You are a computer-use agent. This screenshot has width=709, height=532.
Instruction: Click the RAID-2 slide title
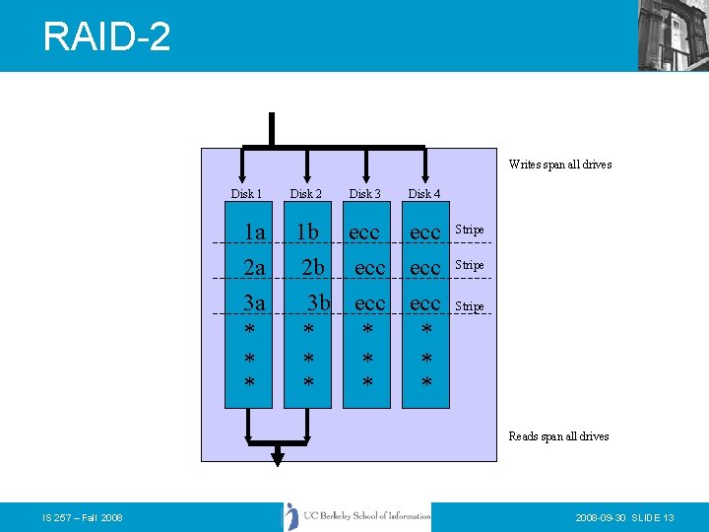(x=106, y=37)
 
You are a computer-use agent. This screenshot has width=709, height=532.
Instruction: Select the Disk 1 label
(x=246, y=194)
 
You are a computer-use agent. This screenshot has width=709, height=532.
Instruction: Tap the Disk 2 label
(x=305, y=194)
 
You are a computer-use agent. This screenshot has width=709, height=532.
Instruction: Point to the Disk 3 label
(x=364, y=194)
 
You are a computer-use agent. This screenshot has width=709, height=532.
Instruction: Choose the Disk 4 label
(x=424, y=194)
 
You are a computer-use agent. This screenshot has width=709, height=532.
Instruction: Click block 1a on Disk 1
(x=254, y=233)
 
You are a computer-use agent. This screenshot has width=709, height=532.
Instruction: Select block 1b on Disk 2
(x=308, y=232)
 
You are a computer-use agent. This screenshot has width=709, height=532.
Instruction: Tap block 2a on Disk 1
(x=254, y=267)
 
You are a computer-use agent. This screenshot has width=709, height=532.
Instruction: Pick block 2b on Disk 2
(x=313, y=267)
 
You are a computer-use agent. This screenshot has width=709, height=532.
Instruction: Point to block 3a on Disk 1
(x=254, y=302)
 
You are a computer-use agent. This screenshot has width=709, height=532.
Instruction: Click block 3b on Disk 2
(x=318, y=302)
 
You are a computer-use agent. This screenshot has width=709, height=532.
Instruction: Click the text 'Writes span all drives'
(x=559, y=165)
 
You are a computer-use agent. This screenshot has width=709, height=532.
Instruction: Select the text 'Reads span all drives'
(x=558, y=436)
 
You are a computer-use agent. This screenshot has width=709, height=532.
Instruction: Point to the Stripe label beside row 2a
(x=470, y=265)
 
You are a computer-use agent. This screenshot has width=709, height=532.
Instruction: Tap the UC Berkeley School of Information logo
(x=358, y=516)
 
